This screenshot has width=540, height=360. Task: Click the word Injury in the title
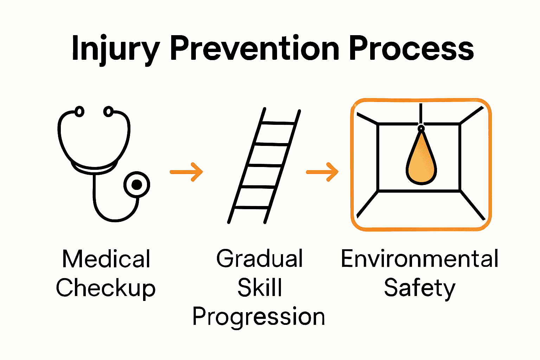[115, 50]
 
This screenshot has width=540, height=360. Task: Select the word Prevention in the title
[254, 48]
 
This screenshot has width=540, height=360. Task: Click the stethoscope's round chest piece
[137, 185]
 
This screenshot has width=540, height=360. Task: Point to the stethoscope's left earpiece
[79, 112]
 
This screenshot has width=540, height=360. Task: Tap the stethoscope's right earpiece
[109, 112]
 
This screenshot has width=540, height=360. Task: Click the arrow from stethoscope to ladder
[186, 172]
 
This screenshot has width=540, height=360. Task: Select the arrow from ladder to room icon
[322, 172]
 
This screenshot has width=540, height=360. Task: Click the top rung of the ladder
[278, 123]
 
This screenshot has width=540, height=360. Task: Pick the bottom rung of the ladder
[251, 208]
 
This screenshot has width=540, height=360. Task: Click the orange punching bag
[421, 158]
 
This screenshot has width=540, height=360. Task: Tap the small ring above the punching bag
[421, 128]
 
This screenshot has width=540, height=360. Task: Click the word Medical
[106, 259]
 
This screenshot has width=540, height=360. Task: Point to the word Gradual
[259, 258]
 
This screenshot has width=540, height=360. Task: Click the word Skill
[260, 287]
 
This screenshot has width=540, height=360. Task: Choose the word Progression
[259, 317]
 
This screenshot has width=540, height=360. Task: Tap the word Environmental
[419, 259]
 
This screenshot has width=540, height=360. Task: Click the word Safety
[420, 288]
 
